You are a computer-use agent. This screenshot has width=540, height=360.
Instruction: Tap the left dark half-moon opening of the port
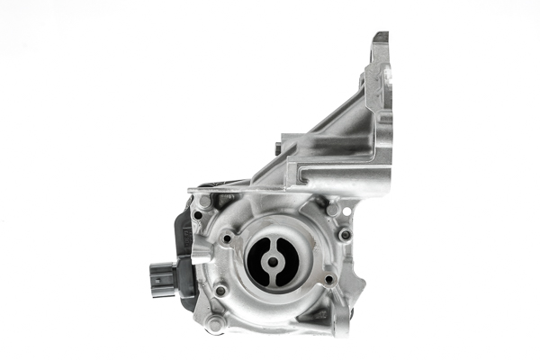coord(258,263)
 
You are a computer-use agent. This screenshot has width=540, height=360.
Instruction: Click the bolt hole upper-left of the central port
coord(227,238)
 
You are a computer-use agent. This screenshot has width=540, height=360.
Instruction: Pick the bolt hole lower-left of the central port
coord(221,290)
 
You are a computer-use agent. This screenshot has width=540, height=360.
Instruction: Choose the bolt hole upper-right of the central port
coord(343,235)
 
